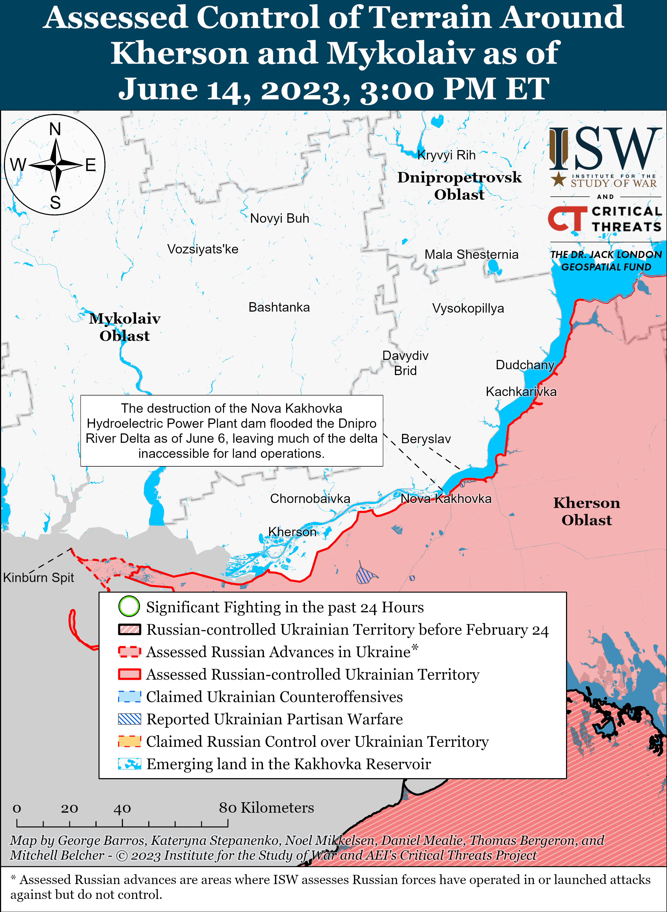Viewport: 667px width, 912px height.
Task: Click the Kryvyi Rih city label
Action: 446,155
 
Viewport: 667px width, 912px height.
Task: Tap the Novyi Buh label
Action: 279,218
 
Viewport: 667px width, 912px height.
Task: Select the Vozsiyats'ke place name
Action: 203,249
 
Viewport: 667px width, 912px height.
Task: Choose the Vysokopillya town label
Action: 468,308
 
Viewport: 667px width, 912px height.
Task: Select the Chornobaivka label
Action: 310,498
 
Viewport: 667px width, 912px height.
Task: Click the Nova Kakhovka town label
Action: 446,498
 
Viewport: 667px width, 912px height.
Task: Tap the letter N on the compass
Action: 55,129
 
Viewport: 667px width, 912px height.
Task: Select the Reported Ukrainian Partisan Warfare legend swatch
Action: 129,719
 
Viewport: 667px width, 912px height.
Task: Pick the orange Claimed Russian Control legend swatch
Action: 129,741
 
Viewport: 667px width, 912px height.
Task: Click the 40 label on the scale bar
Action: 122,808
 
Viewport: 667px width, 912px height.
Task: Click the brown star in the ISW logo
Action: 558,179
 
